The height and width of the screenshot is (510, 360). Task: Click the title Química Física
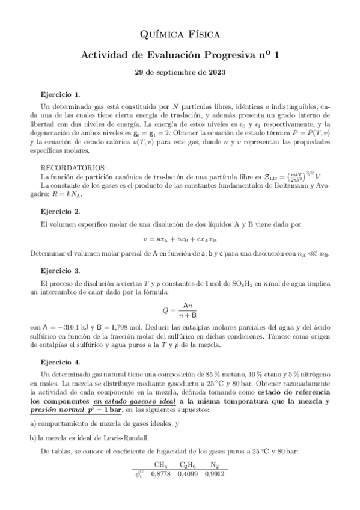(x=180, y=35)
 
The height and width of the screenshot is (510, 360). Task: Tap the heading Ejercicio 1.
(x=60, y=95)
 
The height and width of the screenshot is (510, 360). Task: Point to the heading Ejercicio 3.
(x=60, y=272)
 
